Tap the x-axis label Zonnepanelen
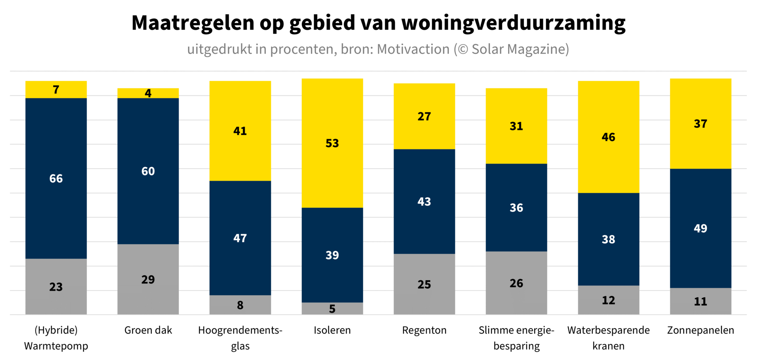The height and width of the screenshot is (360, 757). click(700, 330)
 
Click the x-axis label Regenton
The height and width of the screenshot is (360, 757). click(424, 330)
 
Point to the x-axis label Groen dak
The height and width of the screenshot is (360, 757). click(148, 330)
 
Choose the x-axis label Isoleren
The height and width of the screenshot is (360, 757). click(332, 330)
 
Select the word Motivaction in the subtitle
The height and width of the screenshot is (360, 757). click(413, 49)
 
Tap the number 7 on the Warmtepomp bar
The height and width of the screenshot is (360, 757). click(56, 90)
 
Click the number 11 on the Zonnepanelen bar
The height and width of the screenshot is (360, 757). click(700, 302)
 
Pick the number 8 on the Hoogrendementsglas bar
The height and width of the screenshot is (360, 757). click(240, 305)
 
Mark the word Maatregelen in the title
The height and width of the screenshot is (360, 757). click(193, 23)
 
